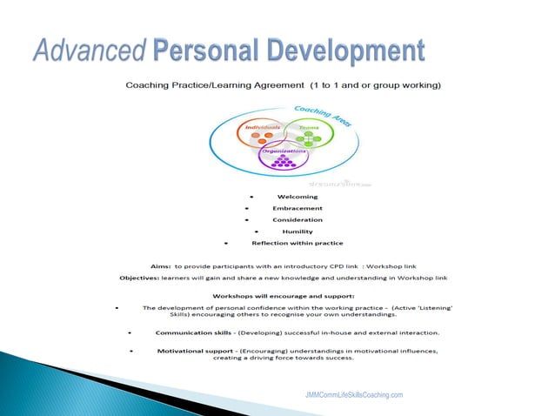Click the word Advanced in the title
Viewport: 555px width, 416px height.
point(87,50)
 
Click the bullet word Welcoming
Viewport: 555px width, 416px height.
point(297,197)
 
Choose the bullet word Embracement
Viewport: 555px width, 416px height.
point(297,208)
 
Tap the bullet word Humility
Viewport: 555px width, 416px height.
point(297,231)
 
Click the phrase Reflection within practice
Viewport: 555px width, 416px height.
point(297,243)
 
